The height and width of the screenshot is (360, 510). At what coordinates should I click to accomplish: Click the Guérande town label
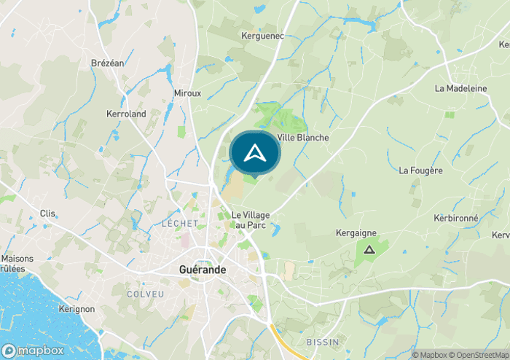pyautogui.click(x=203, y=270)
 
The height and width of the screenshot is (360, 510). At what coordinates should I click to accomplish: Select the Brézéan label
pyautogui.click(x=108, y=63)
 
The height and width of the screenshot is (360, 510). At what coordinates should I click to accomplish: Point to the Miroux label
pyautogui.click(x=187, y=93)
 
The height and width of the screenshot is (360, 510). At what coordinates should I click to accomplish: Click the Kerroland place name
pyautogui.click(x=126, y=114)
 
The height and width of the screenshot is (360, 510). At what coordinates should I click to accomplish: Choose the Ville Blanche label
pyautogui.click(x=303, y=138)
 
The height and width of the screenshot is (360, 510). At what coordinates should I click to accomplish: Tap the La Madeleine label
pyautogui.click(x=460, y=88)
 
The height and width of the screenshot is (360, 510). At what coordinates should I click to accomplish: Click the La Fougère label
pyautogui.click(x=420, y=171)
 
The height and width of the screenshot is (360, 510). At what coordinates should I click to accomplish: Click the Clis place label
pyautogui.click(x=48, y=214)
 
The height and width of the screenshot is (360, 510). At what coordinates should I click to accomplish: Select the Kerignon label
pyautogui.click(x=76, y=309)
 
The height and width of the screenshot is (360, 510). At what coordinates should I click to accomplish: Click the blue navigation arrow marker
pyautogui.click(x=255, y=154)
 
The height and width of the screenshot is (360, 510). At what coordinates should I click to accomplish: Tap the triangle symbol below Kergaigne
pyautogui.click(x=368, y=250)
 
